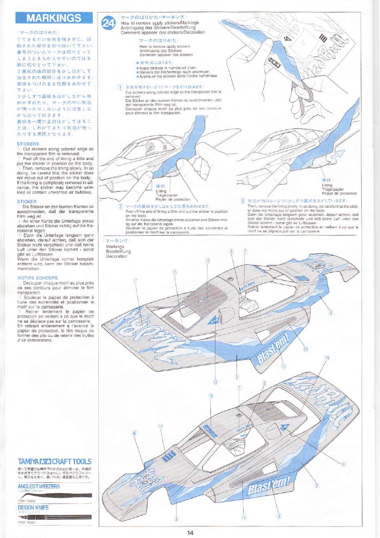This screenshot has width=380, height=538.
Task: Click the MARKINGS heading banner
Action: coord(54,18)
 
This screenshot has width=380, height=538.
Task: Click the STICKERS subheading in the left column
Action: coord(28,144)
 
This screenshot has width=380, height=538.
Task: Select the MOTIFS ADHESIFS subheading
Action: coord(37,278)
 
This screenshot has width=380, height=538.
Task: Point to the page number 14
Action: coord(190,532)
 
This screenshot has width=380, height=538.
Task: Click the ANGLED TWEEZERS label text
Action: coord(38,486)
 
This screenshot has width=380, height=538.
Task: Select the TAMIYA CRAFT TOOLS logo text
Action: coord(54,461)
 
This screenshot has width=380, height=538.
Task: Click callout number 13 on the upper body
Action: coord(207,261)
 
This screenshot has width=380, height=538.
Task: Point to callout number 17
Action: coord(135,281)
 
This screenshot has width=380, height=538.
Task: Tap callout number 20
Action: coord(306,349)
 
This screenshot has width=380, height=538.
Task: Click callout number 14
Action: coord(327,358)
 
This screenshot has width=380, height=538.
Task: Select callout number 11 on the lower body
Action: coord(343,464)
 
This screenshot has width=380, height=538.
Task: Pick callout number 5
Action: coord(176,519)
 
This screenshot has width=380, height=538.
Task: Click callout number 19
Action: coord(244,517)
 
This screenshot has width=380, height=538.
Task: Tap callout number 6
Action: coord(134,433)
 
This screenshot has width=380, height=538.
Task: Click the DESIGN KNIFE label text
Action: coord(33,508)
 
